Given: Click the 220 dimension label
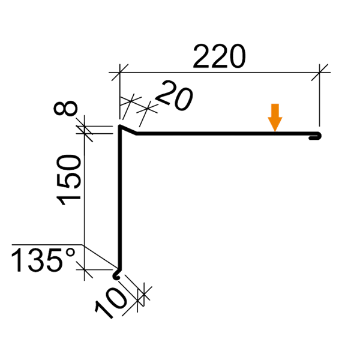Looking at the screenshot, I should (x=219, y=58).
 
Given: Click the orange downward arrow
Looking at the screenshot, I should (x=275, y=117).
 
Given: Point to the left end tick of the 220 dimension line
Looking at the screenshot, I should (x=120, y=71).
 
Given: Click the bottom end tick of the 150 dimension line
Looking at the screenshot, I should (x=87, y=273).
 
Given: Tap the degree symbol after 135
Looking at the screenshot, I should (x=71, y=254).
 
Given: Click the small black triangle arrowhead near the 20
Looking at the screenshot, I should (x=124, y=100).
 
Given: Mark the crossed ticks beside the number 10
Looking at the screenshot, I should (x=141, y=295).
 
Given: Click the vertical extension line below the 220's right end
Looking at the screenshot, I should (x=320, y=102).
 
